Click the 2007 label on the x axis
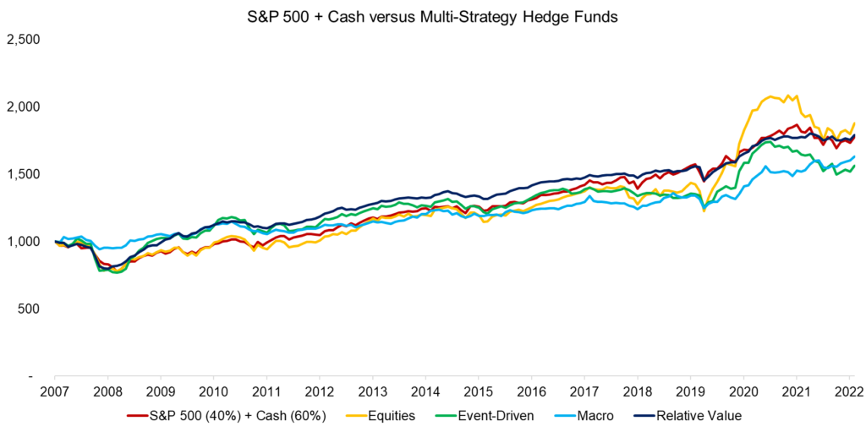pyautogui.click(x=54, y=393)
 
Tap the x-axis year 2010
pyautogui.click(x=213, y=393)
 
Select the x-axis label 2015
pyautogui.click(x=478, y=393)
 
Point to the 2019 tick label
pyautogui.click(x=690, y=393)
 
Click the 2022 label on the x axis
pyautogui.click(x=848, y=393)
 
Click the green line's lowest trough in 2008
pyautogui.click(x=115, y=274)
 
